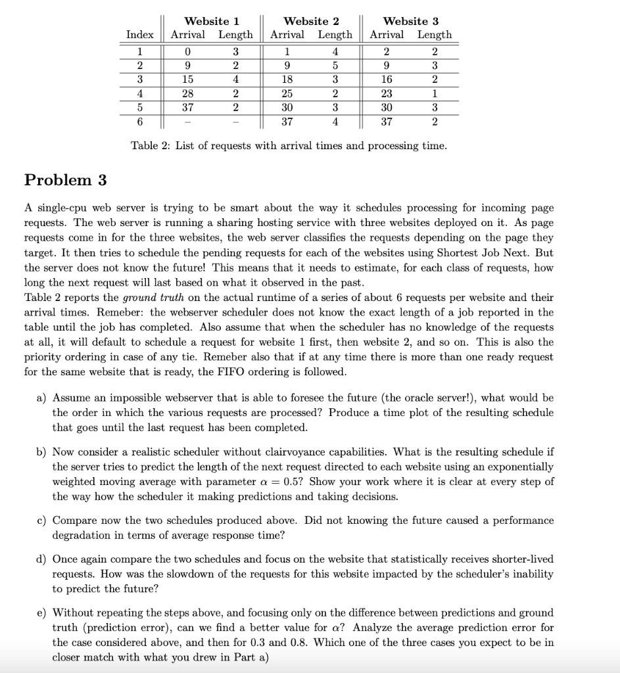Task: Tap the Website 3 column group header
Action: tap(410, 21)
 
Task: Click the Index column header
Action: tap(140, 35)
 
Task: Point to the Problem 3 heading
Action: tap(65, 180)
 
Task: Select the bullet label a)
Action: tap(41, 398)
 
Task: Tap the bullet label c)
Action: tap(41, 521)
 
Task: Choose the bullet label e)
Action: tap(41, 613)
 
